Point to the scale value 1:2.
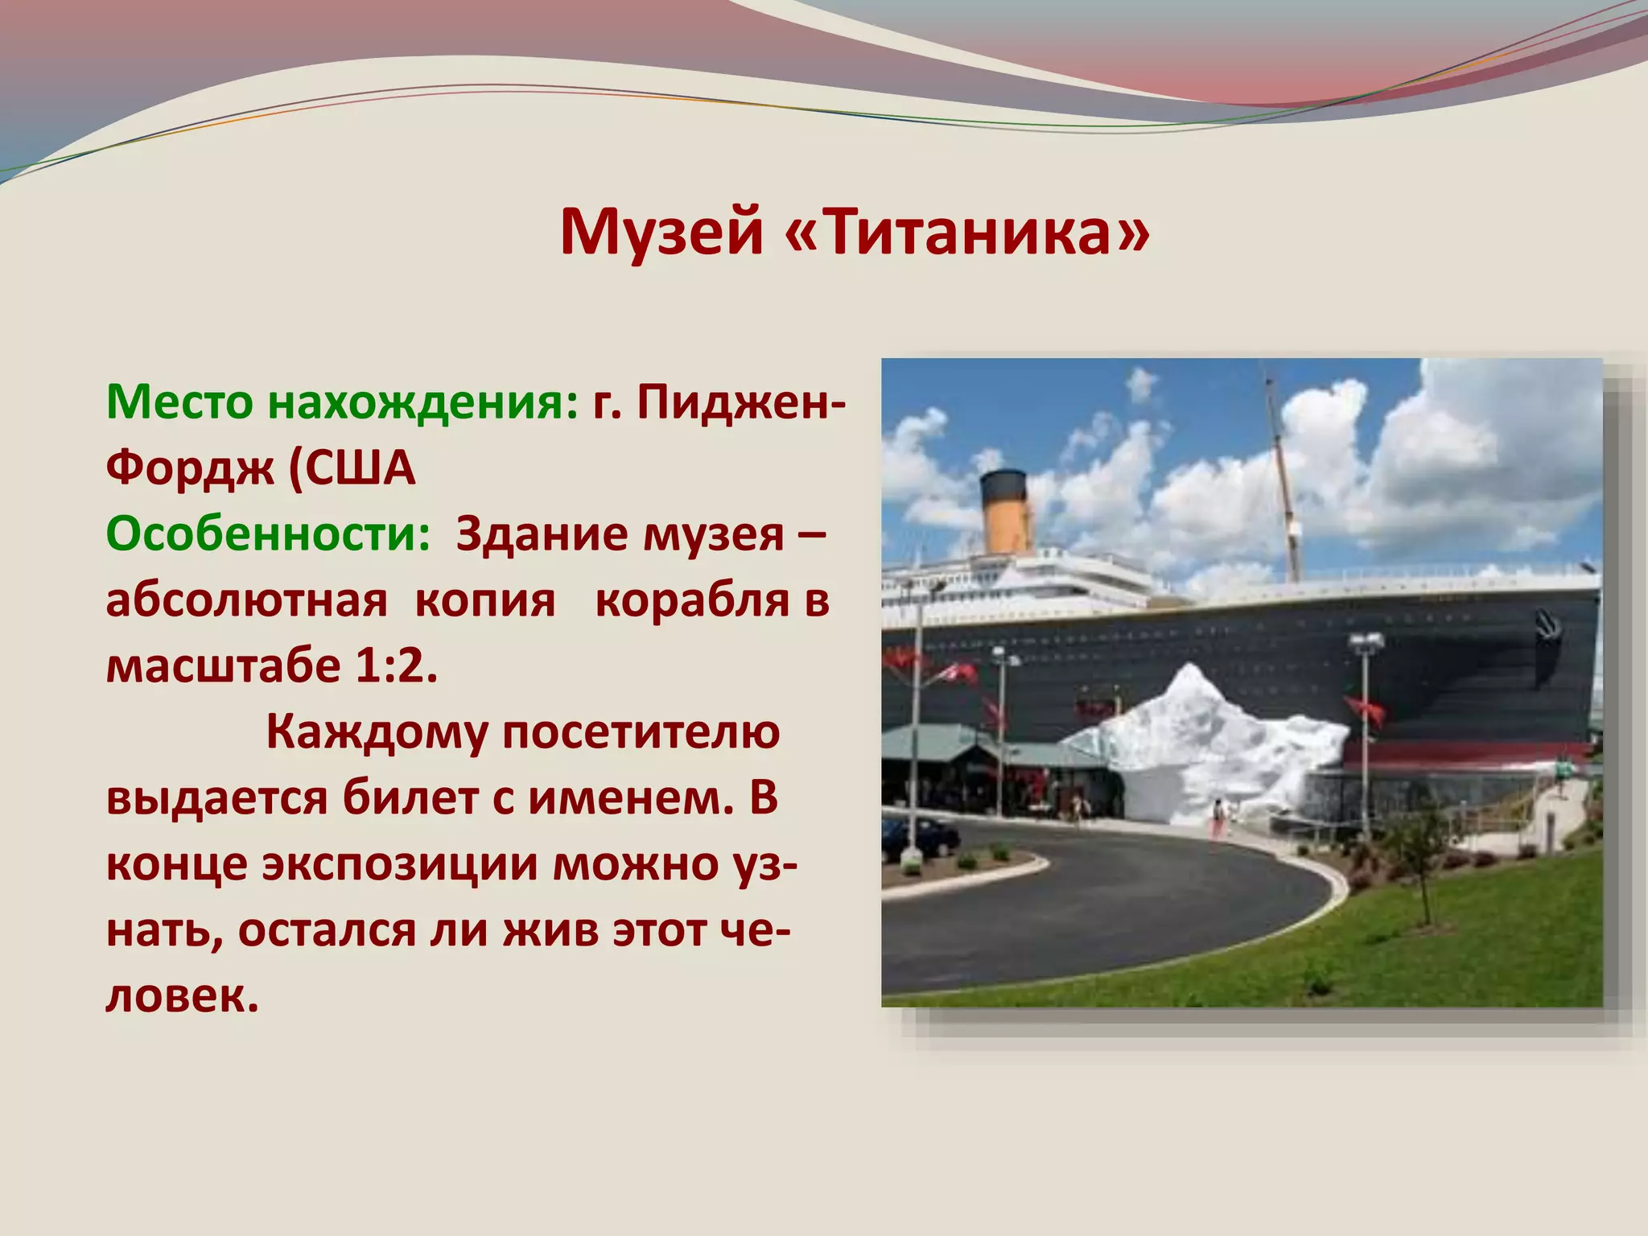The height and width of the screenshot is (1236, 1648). pos(395,665)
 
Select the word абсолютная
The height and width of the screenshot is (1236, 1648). pos(246,600)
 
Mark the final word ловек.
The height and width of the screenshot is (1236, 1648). pos(182,996)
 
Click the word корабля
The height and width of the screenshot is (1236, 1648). pos(692,600)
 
